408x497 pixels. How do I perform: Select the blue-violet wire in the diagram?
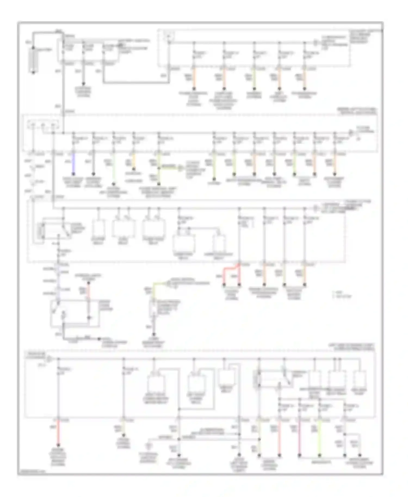pos(73,163)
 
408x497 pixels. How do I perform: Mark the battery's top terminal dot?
pos(33,48)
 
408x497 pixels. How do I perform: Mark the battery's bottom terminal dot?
pos(33,72)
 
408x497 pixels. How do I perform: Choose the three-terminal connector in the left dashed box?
pos(43,126)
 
